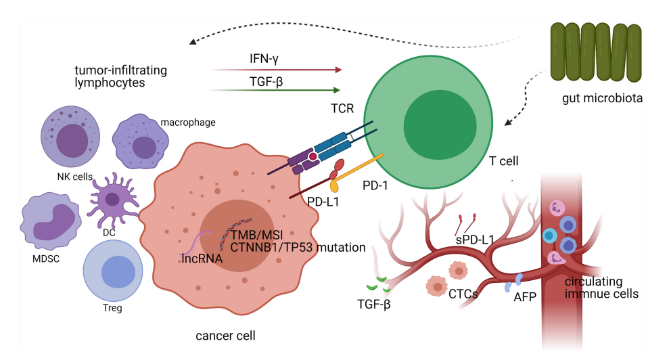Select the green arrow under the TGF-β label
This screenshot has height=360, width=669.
click(274, 89)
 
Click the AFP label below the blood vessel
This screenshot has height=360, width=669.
click(524, 298)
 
